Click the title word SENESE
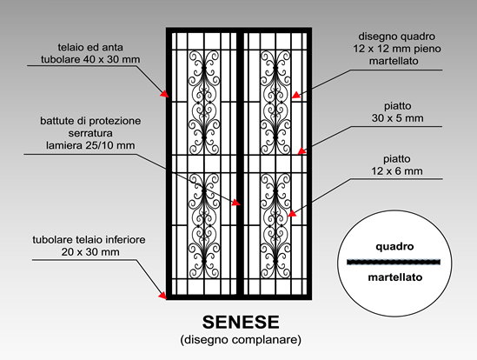[241, 322]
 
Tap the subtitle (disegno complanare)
[241, 339]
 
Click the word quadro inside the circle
[394, 246]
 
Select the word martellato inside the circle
[395, 277]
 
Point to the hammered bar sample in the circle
[394, 262]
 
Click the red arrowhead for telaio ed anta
[164, 94]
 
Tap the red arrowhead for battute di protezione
[236, 203]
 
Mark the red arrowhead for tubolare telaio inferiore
[162, 295]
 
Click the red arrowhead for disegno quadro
[295, 95]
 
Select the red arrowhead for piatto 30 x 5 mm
[301, 151]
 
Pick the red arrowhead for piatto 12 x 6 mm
[292, 213]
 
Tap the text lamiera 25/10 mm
[90, 145]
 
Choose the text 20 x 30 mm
[90, 252]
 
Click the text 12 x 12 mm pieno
[397, 49]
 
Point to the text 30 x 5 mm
[397, 118]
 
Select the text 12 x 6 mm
[397, 170]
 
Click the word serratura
[90, 133]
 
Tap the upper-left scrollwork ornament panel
[204, 103]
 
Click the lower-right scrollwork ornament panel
[275, 226]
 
